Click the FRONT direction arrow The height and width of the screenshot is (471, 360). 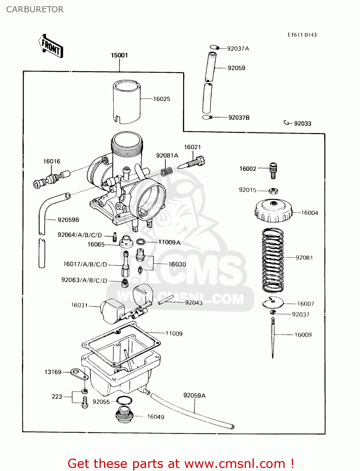[x=51, y=46]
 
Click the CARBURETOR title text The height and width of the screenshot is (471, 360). [x=35, y=9]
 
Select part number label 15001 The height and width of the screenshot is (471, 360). [x=119, y=55]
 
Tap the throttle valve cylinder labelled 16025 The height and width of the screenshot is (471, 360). [x=127, y=101]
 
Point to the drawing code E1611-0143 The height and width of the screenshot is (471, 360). [x=302, y=35]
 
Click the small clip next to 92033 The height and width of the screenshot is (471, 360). [x=286, y=123]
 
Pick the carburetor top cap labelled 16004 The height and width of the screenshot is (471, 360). [x=273, y=211]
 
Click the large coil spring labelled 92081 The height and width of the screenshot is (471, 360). [x=273, y=260]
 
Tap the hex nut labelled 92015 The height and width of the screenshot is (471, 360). [x=273, y=190]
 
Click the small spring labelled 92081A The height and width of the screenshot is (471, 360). [x=166, y=171]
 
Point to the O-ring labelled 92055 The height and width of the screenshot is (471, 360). [x=124, y=401]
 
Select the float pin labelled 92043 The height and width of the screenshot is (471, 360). [x=166, y=300]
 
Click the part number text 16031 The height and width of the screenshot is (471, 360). [x=79, y=305]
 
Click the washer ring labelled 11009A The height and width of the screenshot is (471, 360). [x=140, y=242]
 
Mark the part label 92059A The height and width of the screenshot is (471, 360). [x=194, y=395]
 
